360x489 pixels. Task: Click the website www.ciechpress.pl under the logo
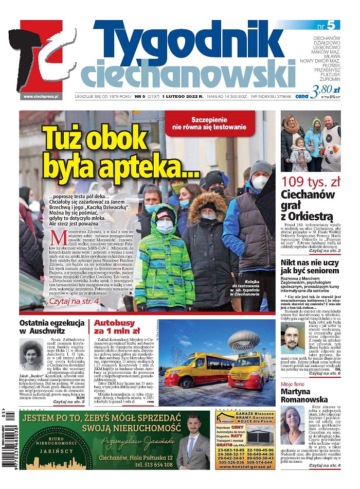pyautogui.click(x=41, y=96)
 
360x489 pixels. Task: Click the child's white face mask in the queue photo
pyautogui.click(x=165, y=226)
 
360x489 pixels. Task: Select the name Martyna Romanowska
pyautogui.click(x=310, y=394)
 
